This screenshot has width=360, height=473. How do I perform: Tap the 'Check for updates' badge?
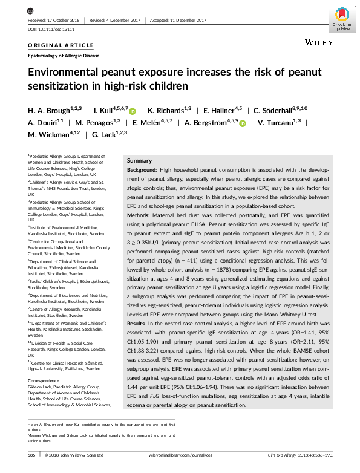341,18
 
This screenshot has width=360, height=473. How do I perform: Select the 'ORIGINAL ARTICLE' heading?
61,45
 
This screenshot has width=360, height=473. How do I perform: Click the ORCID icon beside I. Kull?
133,111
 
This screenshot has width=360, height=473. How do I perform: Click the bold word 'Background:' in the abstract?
144,172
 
